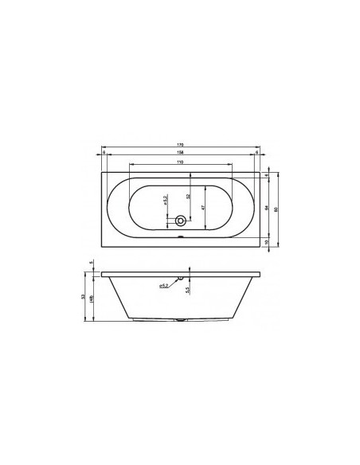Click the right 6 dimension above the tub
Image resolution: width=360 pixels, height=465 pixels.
[257, 153]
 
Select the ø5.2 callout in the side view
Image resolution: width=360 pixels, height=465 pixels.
[162, 284]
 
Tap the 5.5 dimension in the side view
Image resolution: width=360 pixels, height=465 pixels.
[187, 292]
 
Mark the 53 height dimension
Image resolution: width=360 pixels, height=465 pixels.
[84, 296]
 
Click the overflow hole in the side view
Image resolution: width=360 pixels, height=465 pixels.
[181, 279]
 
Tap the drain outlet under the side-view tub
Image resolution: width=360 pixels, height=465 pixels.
[181, 322]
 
